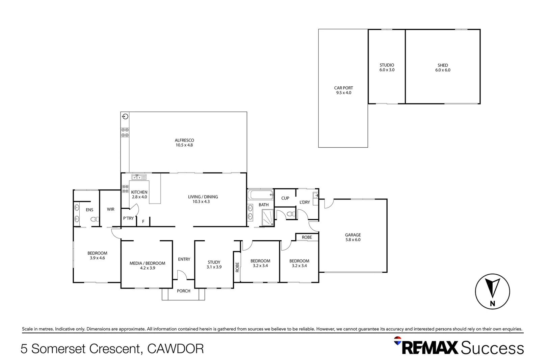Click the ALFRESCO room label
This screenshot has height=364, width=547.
click(184, 140)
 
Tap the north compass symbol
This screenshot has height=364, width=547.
click(492, 292)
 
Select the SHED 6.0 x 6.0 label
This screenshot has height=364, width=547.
click(443, 68)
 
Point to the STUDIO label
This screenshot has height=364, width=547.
click(387, 65)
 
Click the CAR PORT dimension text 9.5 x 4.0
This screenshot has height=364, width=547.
click(343, 93)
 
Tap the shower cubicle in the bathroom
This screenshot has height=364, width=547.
click(268, 217)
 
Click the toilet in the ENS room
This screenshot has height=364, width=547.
click(94, 219)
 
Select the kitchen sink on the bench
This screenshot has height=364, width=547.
click(139, 177)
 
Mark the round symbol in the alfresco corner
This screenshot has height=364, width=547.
click(125, 117)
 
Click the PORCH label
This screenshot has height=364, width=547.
click(184, 291)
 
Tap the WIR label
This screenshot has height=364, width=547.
click(111, 209)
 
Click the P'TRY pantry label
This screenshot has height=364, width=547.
click(128, 218)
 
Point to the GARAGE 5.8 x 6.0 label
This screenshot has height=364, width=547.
click(353, 237)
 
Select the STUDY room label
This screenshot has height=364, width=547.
click(214, 262)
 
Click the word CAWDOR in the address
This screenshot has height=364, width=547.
click(176, 349)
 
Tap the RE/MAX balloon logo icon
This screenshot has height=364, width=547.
click(398, 341)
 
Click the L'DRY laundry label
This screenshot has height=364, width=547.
click(305, 202)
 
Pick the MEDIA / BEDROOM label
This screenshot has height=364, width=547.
click(148, 263)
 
